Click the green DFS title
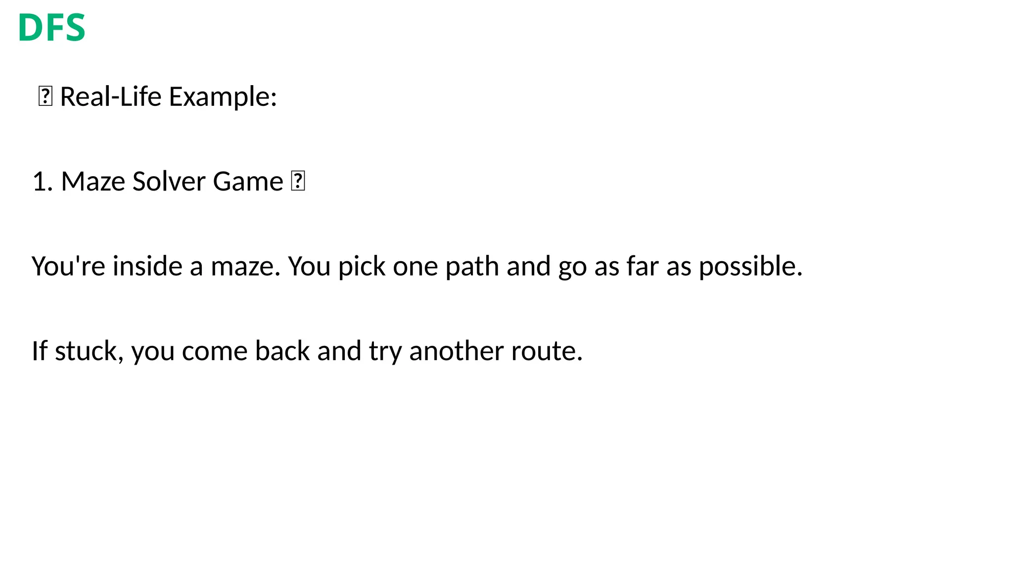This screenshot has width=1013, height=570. point(51,28)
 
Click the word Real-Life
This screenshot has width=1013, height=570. point(111,96)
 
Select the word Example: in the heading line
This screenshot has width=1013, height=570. point(223,96)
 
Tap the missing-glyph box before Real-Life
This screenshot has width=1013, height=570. point(45,96)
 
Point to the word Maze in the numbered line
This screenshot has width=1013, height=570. point(93,182)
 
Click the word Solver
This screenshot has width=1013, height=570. point(169,182)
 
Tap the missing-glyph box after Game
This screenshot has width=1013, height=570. point(298,182)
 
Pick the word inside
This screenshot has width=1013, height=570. point(147,267)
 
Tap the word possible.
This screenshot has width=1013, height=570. point(750,267)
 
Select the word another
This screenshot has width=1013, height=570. point(456,351)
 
